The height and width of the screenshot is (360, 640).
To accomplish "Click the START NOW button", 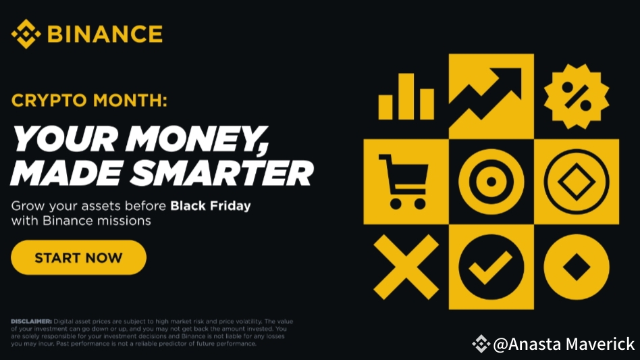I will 78,257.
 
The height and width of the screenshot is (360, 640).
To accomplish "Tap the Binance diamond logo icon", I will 26,34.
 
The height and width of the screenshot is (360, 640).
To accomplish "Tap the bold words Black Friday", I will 210,205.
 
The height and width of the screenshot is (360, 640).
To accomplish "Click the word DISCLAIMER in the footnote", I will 31,322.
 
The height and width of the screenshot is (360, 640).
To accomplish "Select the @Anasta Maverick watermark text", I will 564,344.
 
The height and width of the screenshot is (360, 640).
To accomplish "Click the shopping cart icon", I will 402,181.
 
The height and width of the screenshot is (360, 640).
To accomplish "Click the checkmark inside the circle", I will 491,267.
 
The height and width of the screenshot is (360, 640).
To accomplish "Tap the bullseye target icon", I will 491,182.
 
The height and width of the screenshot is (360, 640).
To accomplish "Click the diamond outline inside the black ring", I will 576,182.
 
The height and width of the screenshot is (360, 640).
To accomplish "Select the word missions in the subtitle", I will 128,221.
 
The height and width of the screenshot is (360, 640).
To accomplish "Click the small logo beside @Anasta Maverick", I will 481,344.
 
